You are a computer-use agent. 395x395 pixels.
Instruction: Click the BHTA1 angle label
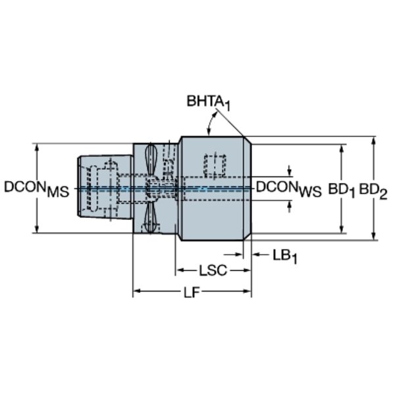pyautogui.click(x=208, y=103)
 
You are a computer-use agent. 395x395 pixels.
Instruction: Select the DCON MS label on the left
pyautogui.click(x=37, y=189)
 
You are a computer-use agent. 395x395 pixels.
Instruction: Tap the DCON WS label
pyautogui.click(x=289, y=189)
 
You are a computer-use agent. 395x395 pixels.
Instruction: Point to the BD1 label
pyautogui.click(x=341, y=190)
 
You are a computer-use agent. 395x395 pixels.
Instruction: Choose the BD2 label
pyautogui.click(x=373, y=191)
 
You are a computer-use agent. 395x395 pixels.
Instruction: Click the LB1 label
pyautogui.click(x=285, y=257)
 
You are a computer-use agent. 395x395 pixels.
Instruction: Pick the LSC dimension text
pyautogui.click(x=213, y=271)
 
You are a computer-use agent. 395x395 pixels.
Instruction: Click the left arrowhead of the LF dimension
pyautogui.click(x=136, y=291)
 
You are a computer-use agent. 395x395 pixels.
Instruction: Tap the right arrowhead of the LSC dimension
pyautogui.click(x=247, y=271)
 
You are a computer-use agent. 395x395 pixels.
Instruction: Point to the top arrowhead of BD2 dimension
pyautogui.click(x=374, y=141)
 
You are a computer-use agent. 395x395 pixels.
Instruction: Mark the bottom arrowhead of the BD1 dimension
pyautogui.click(x=342, y=229)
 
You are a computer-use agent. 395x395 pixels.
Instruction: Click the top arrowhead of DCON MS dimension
pyautogui.click(x=37, y=147)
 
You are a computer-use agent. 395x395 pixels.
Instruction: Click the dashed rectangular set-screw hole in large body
pyautogui.click(x=215, y=165)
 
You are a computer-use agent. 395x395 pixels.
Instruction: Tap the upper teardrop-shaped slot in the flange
pyautogui.click(x=151, y=158)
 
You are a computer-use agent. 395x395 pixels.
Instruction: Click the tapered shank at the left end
pyautogui.click(x=105, y=187)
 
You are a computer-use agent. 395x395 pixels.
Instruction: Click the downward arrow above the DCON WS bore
pyautogui.click(x=290, y=171)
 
